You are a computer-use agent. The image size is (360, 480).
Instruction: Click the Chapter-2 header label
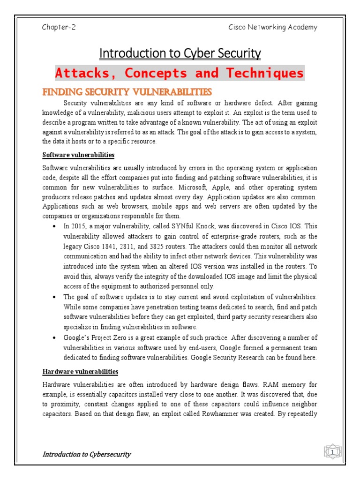coord(59,27)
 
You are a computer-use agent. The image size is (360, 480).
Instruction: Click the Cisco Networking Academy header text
coord(272,27)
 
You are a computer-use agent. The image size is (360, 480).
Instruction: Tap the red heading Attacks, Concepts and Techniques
coord(180,74)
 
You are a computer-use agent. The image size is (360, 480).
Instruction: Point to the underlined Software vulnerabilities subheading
coord(78,155)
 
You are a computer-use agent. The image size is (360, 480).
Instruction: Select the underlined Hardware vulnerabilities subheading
coord(80,372)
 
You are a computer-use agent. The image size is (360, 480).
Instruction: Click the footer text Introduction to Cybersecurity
coord(87,454)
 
